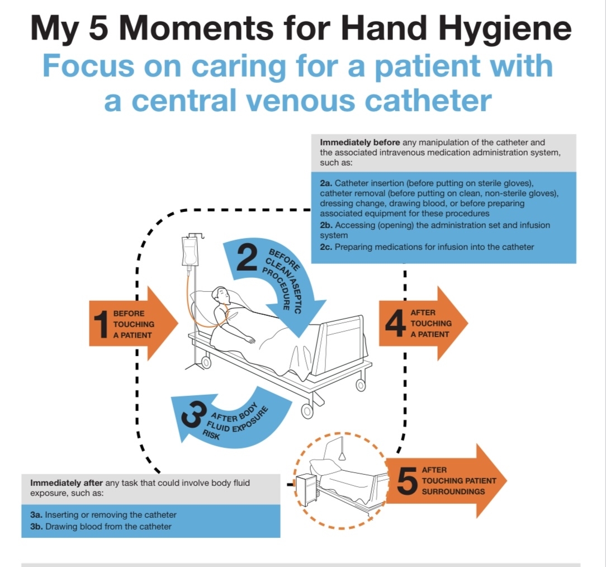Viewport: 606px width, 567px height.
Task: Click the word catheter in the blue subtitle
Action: [x=430, y=101]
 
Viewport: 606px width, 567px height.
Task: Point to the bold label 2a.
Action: [x=326, y=183]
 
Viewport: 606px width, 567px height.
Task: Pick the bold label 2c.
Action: [x=326, y=247]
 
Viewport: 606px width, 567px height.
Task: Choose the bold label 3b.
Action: [x=36, y=526]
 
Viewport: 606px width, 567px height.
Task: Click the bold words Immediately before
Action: [x=359, y=142]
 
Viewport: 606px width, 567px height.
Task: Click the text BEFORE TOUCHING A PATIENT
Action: [x=133, y=324]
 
